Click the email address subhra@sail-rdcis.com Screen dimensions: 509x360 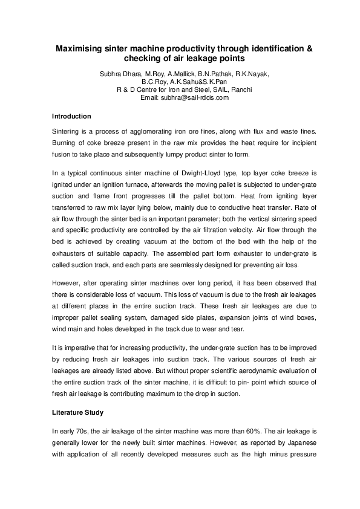coord(193,97)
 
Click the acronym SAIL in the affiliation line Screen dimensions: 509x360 coord(203,89)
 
